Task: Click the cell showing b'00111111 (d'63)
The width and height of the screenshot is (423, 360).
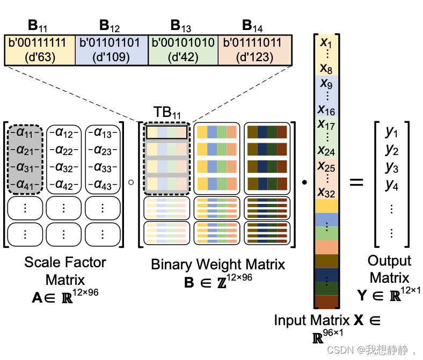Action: [40, 50]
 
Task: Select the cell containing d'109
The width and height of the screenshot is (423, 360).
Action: [111, 50]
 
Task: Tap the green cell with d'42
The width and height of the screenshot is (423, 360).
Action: [183, 50]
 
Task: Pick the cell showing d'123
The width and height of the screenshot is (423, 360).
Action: [254, 50]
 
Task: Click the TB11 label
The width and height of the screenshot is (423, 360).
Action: [166, 113]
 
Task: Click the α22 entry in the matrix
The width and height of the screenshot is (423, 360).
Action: [63, 149]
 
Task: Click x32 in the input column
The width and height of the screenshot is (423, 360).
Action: [326, 192]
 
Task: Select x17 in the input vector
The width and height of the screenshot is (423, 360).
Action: [326, 124]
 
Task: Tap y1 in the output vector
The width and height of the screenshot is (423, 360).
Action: [392, 131]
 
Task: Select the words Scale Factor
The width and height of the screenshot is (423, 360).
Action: [65, 262]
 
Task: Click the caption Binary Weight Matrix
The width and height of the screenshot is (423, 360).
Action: [218, 265]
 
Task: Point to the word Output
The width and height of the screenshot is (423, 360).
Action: [390, 261]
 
